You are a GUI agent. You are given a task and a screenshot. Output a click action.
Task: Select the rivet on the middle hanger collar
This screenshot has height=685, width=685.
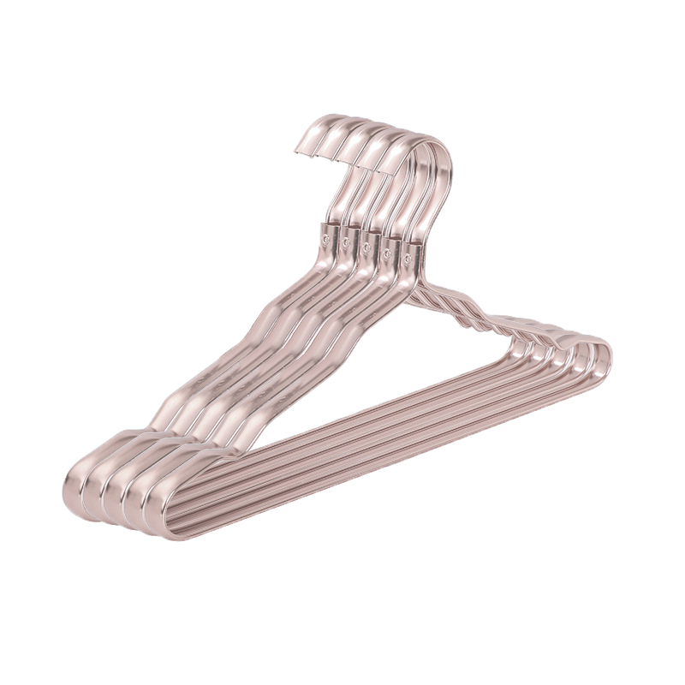[366, 247]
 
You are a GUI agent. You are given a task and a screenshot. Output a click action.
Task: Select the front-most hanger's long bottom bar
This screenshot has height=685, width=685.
[385, 445]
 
